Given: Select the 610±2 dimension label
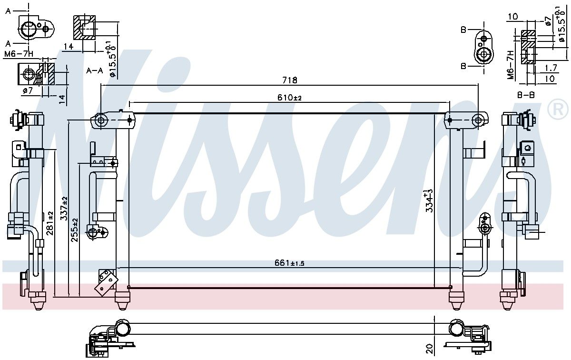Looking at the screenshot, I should pyautogui.click(x=290, y=98).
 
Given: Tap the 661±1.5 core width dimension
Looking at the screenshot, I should pyautogui.click(x=289, y=262).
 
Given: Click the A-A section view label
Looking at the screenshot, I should pyautogui.click(x=95, y=70).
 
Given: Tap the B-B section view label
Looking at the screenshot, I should pyautogui.click(x=526, y=95).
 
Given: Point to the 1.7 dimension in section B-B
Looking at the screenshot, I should pyautogui.click(x=551, y=69).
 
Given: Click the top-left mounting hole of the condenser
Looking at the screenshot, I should pyautogui.click(x=101, y=120).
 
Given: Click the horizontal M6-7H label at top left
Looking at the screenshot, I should pyautogui.click(x=18, y=55).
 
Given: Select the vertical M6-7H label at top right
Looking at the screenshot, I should pyautogui.click(x=511, y=64).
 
